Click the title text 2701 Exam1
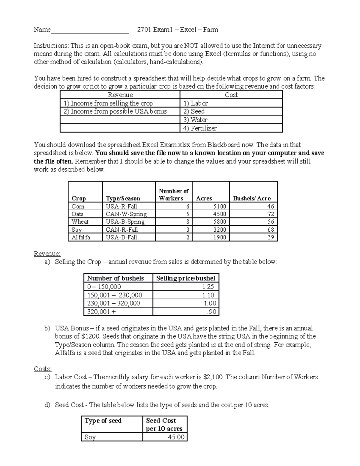tap(154, 30)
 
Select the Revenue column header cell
tap(120, 95)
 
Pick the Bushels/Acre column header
tap(252, 198)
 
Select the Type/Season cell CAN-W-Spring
tap(126, 214)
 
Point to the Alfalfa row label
tap(81, 237)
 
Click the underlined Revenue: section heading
tap(47, 254)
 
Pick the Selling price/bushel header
tap(185, 278)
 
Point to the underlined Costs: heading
tap(43, 369)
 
